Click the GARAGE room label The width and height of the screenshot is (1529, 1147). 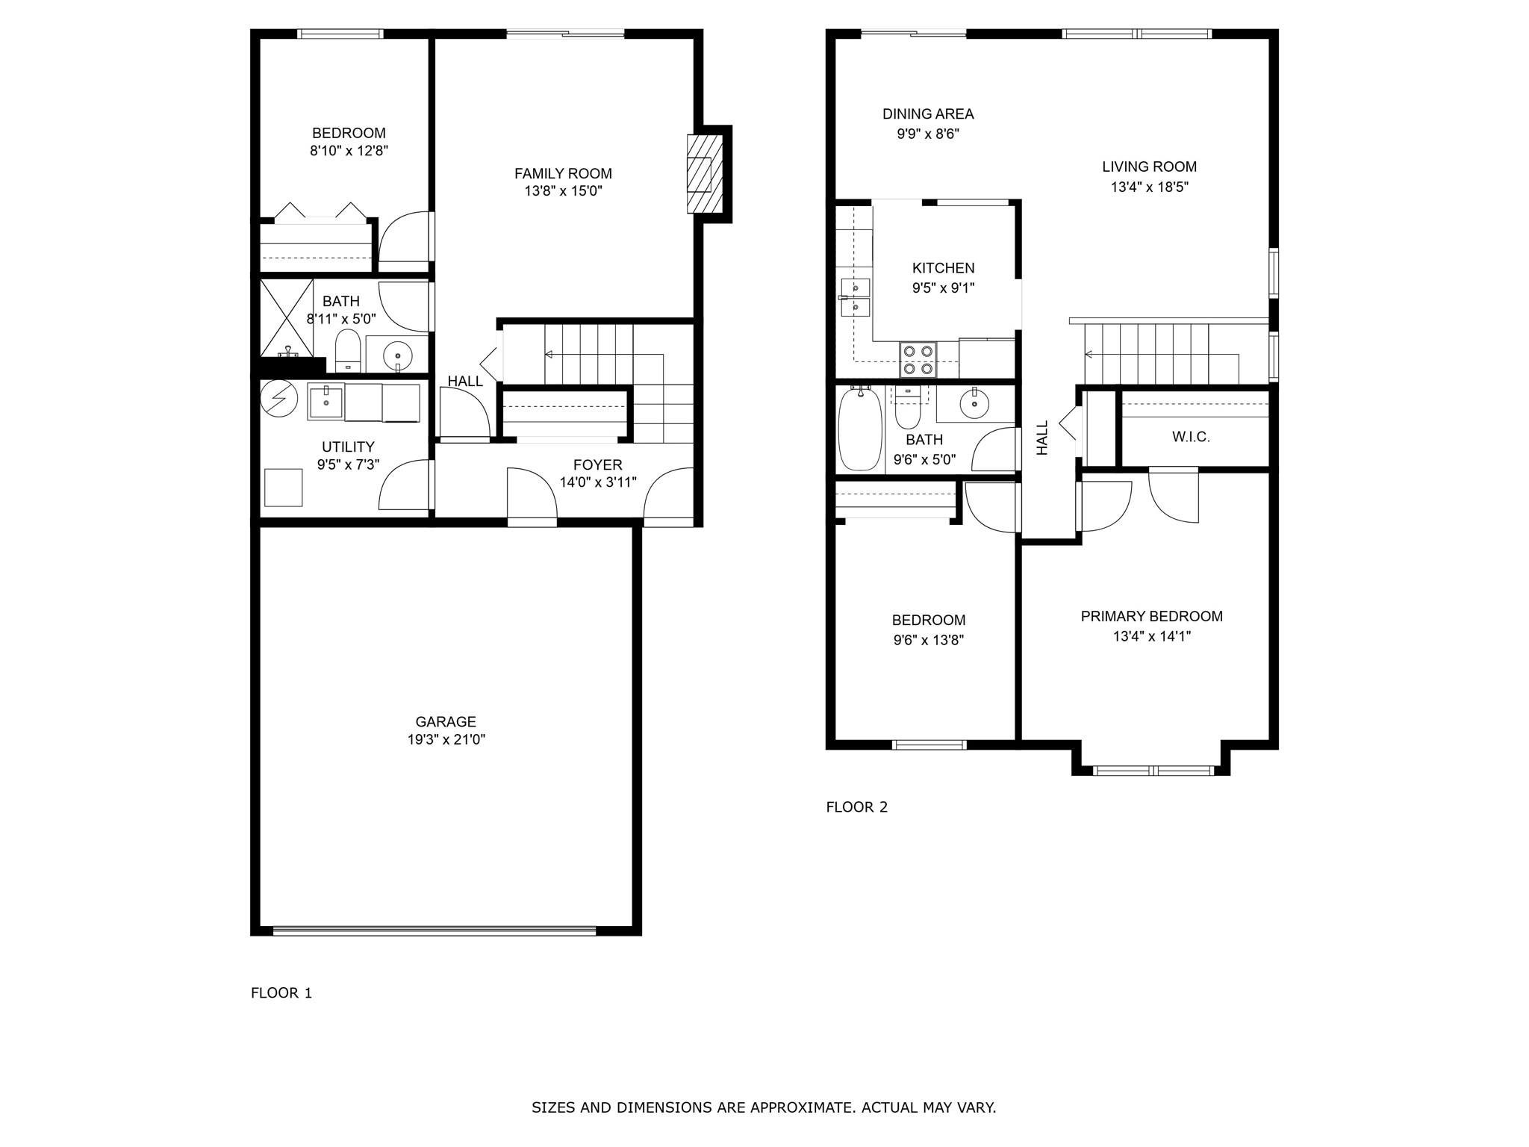click(x=446, y=721)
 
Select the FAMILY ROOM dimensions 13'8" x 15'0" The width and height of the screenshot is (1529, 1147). click(x=563, y=191)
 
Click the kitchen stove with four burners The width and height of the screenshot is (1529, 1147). click(x=918, y=359)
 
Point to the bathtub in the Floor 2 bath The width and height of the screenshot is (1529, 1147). click(x=859, y=430)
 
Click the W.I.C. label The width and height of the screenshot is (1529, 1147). click(x=1190, y=437)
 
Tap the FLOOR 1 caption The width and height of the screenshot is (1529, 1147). click(x=281, y=992)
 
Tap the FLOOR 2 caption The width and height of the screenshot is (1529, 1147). click(x=856, y=806)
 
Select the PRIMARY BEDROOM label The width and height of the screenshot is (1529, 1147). click(x=1151, y=616)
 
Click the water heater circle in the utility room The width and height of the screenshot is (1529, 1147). click(x=278, y=398)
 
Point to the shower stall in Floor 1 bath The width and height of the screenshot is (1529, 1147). click(x=286, y=317)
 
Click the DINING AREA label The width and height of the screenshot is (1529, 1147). click(x=928, y=114)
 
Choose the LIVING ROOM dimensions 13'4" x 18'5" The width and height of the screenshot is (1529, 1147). click(x=1149, y=187)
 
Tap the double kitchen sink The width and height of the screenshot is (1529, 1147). click(x=855, y=297)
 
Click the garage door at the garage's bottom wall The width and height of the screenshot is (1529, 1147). click(x=435, y=930)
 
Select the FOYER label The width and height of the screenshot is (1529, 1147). click(x=597, y=465)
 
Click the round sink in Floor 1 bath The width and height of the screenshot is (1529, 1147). click(x=398, y=356)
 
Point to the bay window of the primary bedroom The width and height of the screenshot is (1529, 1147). click(x=1153, y=770)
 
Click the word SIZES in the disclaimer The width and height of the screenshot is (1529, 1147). click(x=552, y=1107)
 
